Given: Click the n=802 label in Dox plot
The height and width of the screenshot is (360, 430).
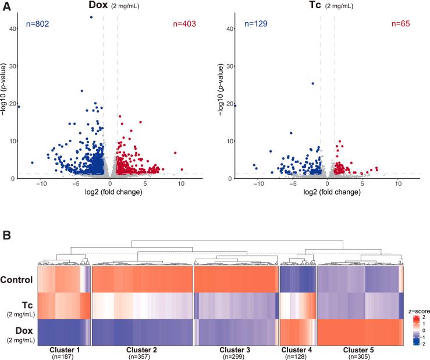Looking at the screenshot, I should coord(38,24).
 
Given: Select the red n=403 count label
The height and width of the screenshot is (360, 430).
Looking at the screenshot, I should coord(184,24).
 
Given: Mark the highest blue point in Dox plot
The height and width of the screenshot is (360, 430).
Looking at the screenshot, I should coord(91,17).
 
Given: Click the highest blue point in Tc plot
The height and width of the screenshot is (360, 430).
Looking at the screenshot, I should coord(312,83).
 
